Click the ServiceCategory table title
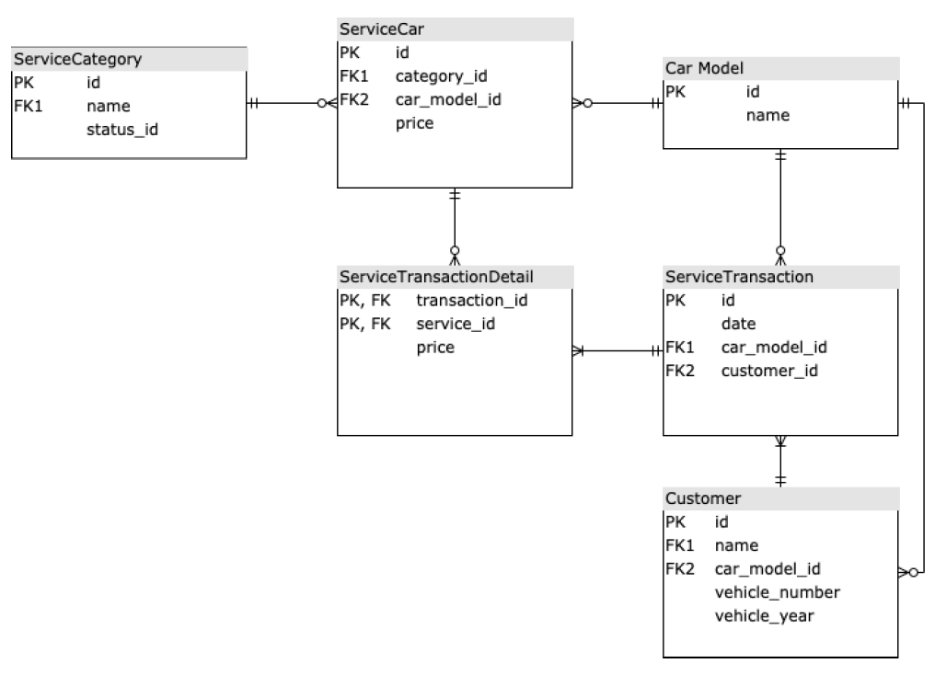(x=76, y=60)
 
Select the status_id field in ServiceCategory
(x=121, y=129)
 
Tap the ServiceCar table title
(x=381, y=29)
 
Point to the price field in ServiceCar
(x=414, y=122)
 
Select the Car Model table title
(x=704, y=69)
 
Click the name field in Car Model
(x=768, y=115)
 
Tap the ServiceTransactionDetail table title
(x=436, y=277)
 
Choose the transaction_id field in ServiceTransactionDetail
(x=472, y=301)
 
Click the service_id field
(x=457, y=324)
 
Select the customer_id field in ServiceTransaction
(x=769, y=371)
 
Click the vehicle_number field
(x=777, y=592)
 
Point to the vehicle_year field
(x=764, y=616)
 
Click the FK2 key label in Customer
(x=678, y=568)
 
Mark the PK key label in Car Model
(x=675, y=92)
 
